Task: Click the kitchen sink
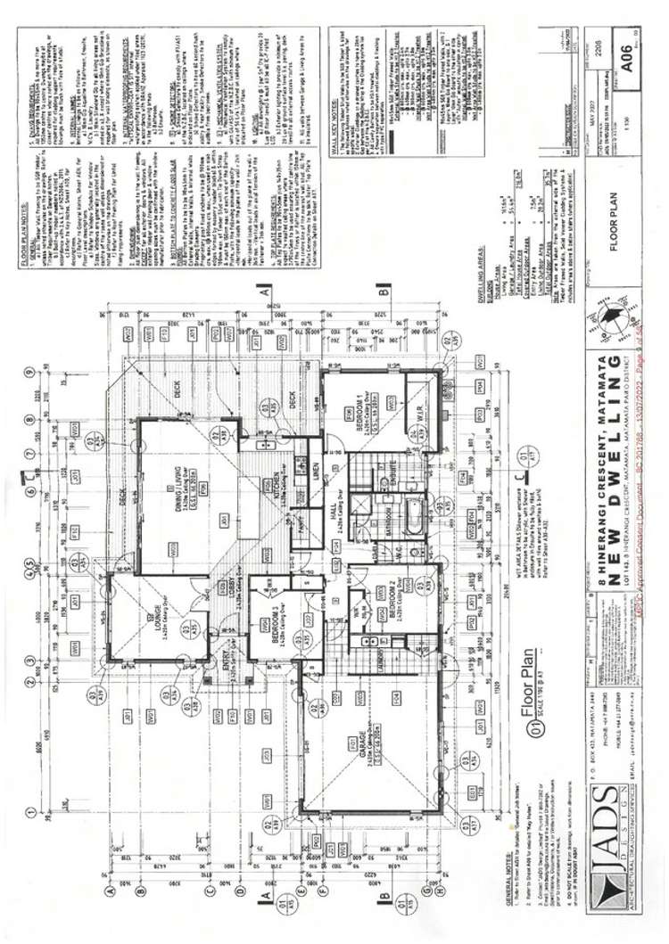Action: click(x=264, y=443)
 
